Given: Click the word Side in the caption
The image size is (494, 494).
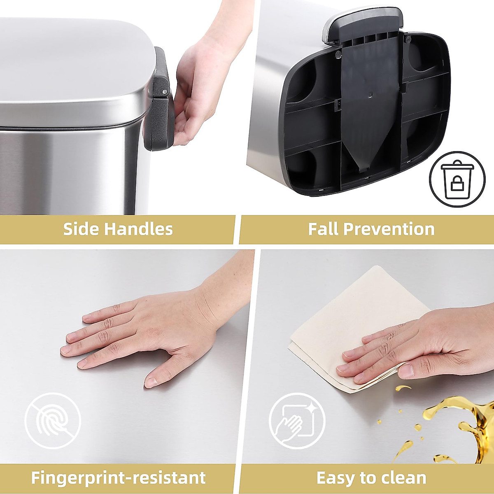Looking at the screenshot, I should (x=81, y=229).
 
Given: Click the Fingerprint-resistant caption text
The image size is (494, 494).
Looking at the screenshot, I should (x=118, y=478).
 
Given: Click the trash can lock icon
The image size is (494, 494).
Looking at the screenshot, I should (x=457, y=179).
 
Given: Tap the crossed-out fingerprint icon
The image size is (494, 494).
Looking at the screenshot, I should (x=52, y=421).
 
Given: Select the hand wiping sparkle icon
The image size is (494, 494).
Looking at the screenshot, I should (x=297, y=421).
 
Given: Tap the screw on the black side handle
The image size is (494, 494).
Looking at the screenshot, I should (x=165, y=91).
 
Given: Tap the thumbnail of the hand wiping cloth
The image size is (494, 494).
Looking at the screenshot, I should (x=406, y=371).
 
